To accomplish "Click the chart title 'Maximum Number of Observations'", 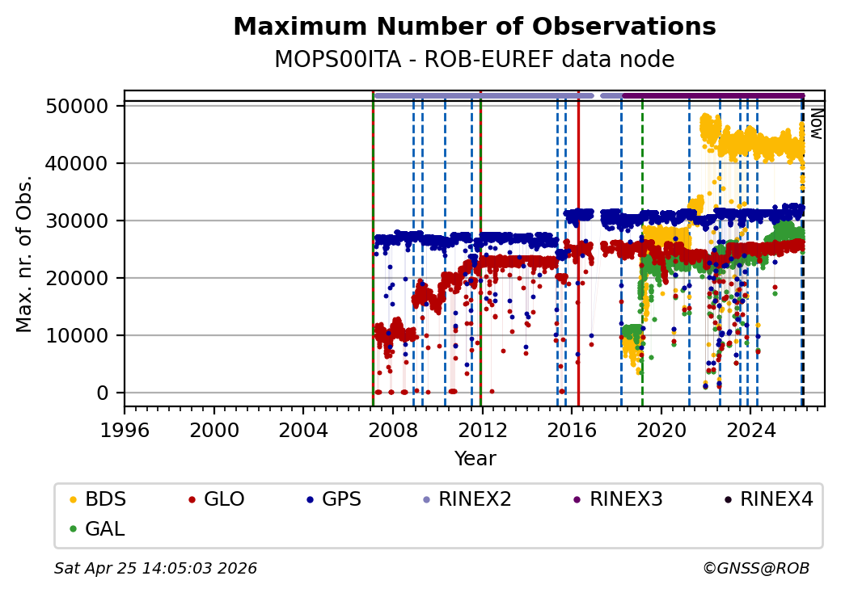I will coord(474,27).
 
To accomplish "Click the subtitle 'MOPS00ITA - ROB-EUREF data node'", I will coord(474,60).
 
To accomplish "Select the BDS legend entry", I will coord(105,499).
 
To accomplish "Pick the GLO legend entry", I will coord(223,499).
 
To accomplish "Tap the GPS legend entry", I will coord(340,499).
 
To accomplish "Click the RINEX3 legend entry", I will coord(626,499).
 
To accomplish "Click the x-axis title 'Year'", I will coord(475,459).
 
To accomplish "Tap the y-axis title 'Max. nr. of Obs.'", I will coord(24,253).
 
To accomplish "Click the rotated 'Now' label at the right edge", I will coord(816,124).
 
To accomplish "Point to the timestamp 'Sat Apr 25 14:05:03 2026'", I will coord(155,569).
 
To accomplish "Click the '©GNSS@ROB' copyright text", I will coord(755,569).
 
